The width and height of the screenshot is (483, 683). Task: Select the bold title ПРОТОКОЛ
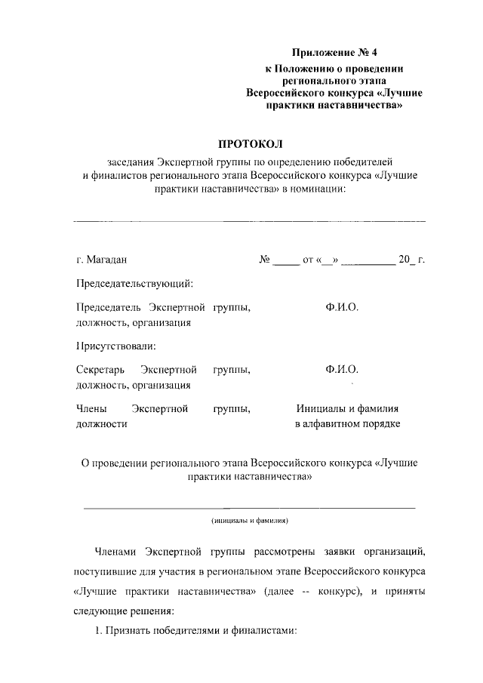[249, 143]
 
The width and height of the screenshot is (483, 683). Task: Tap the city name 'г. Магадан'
[101, 260]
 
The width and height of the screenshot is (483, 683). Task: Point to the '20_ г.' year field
[411, 260]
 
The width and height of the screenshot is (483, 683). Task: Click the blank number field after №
[286, 261]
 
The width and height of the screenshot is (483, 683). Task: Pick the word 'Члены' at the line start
[91, 408]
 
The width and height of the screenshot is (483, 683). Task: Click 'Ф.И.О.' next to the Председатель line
[342, 308]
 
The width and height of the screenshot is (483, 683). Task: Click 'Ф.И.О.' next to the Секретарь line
[342, 370]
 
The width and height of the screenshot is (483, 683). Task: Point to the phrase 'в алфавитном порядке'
[346, 423]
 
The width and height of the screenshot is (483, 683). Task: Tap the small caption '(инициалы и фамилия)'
[249, 521]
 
